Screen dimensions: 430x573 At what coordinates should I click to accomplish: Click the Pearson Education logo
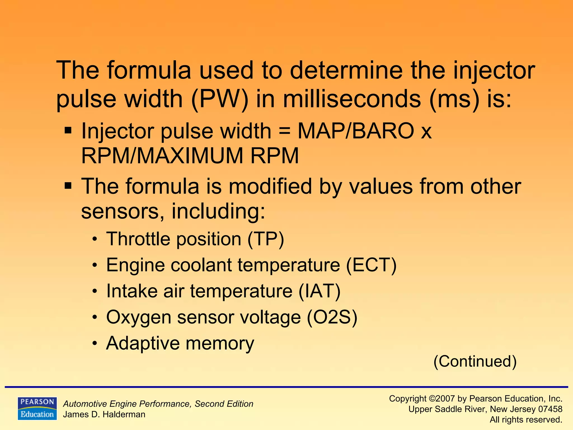pyautogui.click(x=37, y=408)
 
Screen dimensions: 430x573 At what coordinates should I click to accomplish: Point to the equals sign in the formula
pyautogui.click(x=285, y=131)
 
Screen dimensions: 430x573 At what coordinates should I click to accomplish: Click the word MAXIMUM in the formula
pyautogui.click(x=190, y=156)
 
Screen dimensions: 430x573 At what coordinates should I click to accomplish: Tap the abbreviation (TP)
pyautogui.click(x=266, y=239)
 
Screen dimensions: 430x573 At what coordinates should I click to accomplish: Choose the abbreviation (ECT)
pyautogui.click(x=371, y=265)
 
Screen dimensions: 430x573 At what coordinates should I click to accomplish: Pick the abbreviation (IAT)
pyautogui.click(x=320, y=291)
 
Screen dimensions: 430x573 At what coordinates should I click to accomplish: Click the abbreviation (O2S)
pyautogui.click(x=332, y=317)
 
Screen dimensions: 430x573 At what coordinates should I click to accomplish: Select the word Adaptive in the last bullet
pyautogui.click(x=142, y=343)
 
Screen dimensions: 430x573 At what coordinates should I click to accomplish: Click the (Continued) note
pyautogui.click(x=475, y=361)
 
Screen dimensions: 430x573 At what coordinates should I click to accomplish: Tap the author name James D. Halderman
pyautogui.click(x=104, y=414)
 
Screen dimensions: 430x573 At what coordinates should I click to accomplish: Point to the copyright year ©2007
pyautogui.click(x=442, y=398)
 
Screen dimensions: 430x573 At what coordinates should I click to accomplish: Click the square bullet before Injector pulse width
pyautogui.click(x=68, y=130)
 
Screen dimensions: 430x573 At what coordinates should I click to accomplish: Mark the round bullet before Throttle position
pyautogui.click(x=95, y=240)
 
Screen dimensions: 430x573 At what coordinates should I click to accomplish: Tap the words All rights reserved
pyautogui.click(x=526, y=420)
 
